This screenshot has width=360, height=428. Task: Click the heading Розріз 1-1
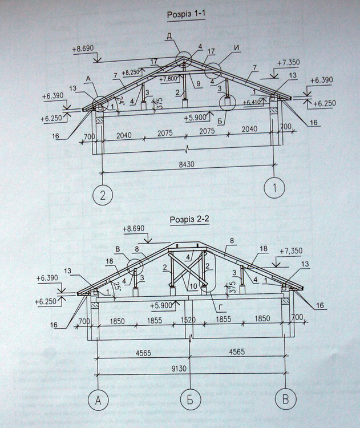pos(185,14)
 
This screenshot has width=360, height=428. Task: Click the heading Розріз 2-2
pos(190,220)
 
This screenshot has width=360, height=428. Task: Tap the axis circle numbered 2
pos(102,195)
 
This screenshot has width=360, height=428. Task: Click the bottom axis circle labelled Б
pos(190,401)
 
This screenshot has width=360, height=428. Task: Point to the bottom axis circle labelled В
pos(284,399)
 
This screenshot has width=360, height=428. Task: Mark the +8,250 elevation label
pos(132,72)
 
